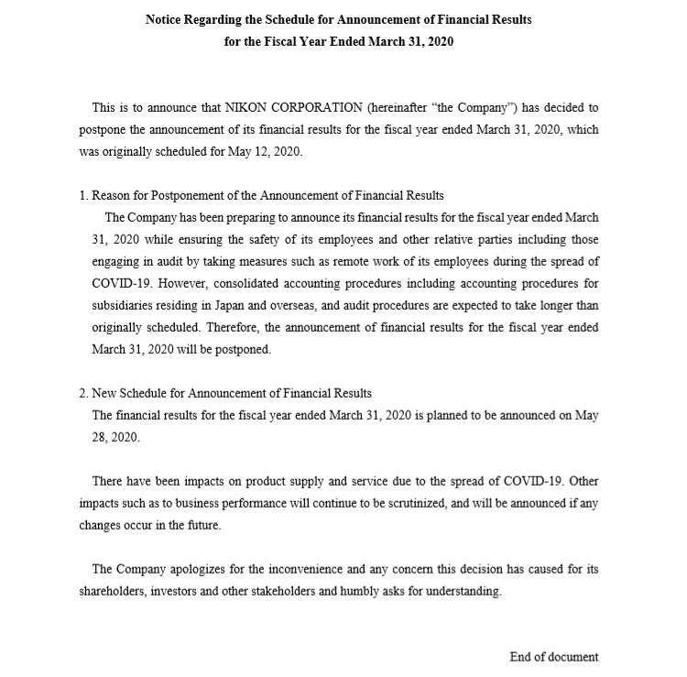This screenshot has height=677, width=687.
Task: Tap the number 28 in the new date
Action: pyautogui.click(x=102, y=437)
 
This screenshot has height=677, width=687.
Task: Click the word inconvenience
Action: pyautogui.click(x=300, y=569)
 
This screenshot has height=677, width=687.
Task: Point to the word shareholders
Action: pyautogui.click(x=111, y=591)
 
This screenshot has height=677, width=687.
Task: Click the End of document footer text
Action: pyautogui.click(x=553, y=657)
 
